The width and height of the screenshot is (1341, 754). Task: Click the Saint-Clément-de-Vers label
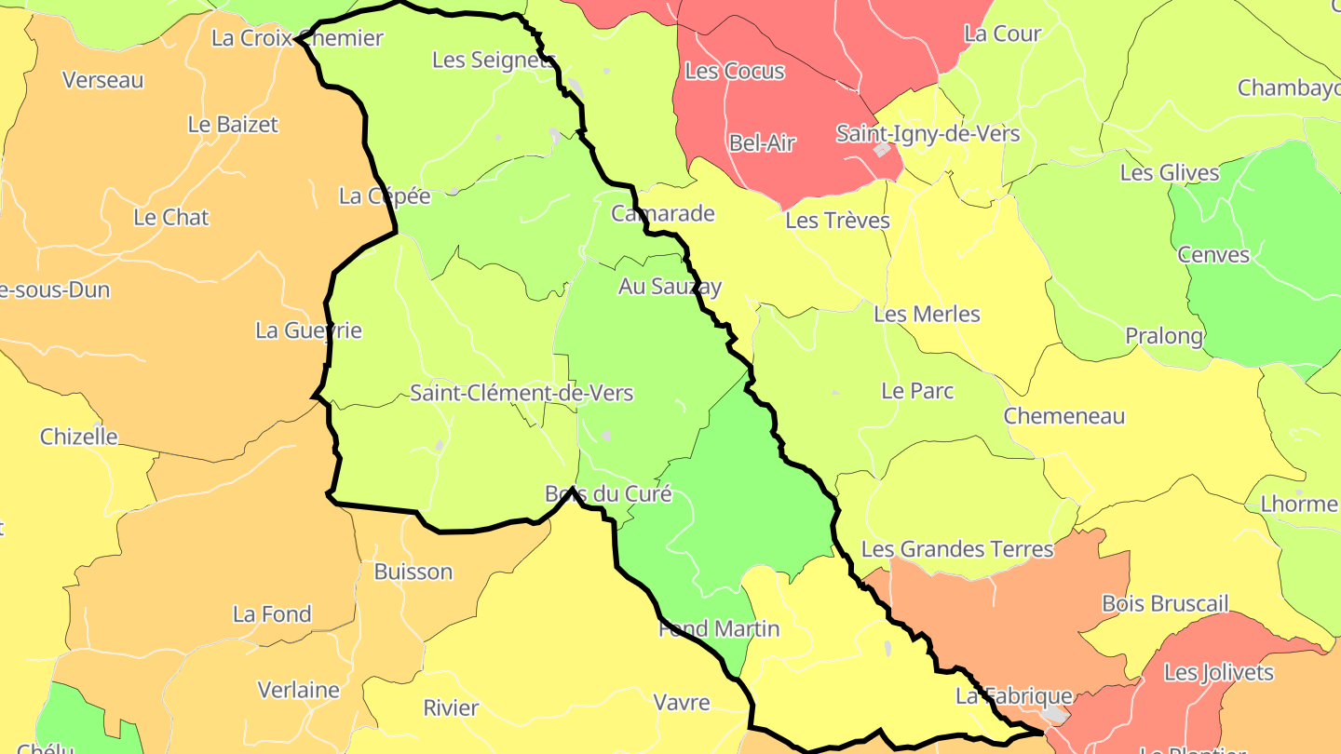[521, 393]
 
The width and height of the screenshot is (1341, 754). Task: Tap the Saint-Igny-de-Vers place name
[928, 133]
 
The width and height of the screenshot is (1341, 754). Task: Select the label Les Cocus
[735, 71]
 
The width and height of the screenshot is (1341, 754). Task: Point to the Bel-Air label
[763, 142]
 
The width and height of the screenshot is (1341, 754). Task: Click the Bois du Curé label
[608, 493]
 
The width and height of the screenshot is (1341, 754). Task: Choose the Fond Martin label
[719, 628]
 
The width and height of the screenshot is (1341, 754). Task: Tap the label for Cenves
[1213, 254]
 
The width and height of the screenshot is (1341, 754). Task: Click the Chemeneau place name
[1064, 415]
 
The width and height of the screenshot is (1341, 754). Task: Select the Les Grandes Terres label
[957, 548]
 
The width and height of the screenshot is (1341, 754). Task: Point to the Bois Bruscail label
[1165, 603]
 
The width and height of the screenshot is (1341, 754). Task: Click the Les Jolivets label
[1219, 672]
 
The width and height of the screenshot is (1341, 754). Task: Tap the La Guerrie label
[308, 330]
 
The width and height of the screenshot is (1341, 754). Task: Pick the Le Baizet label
[233, 124]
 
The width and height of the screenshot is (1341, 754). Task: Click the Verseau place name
[103, 80]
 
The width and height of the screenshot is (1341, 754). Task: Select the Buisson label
[413, 571]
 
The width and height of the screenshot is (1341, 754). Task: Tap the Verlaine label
[299, 690]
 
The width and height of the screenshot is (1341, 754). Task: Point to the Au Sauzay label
[670, 287]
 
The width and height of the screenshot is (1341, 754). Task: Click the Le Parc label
[917, 390]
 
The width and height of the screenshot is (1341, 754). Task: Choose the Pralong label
[1164, 335]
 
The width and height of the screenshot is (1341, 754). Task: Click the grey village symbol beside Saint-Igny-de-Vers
[881, 149]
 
